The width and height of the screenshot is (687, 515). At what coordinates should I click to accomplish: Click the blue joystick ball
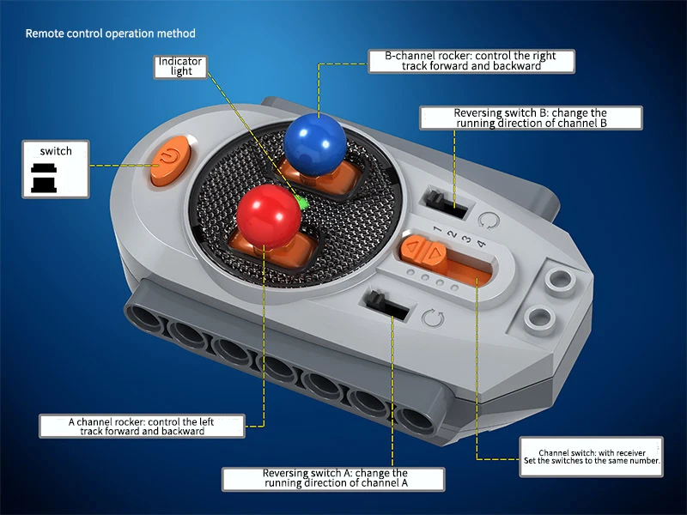click(315, 139)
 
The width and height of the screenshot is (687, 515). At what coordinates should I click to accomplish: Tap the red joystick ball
click(269, 217)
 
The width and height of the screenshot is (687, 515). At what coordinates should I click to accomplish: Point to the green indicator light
click(302, 203)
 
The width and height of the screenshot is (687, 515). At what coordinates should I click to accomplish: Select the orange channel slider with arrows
click(423, 251)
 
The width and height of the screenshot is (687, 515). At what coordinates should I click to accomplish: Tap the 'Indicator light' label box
click(180, 67)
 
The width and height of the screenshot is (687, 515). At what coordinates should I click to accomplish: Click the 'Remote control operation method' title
click(111, 33)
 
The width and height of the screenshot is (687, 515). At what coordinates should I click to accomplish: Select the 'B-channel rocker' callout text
click(471, 61)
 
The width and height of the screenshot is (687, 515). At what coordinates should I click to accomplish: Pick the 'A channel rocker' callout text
click(142, 426)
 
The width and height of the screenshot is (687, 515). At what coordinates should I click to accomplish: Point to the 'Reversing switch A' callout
click(333, 479)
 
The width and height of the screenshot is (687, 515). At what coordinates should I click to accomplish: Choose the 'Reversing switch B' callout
click(531, 118)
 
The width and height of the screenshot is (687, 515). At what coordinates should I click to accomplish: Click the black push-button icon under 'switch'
click(44, 178)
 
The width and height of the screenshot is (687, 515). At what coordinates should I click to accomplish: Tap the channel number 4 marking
click(481, 244)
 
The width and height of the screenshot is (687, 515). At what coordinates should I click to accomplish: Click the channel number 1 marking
click(437, 228)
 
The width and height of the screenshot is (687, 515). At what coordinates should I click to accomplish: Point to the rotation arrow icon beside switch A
click(433, 318)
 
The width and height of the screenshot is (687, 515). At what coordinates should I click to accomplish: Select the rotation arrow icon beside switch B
click(489, 221)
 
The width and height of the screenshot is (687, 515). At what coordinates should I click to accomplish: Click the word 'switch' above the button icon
click(56, 151)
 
